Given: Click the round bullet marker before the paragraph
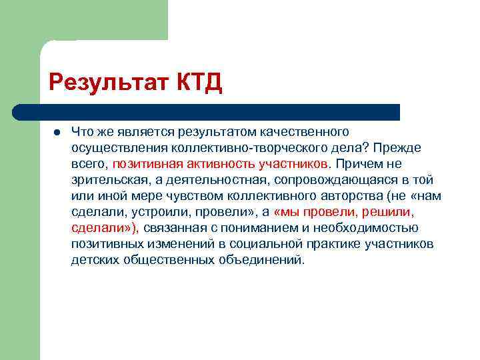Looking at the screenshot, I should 57,132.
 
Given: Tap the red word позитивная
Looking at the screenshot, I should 145,163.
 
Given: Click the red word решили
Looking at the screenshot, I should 387,212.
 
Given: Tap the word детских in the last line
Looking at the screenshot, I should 93,260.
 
